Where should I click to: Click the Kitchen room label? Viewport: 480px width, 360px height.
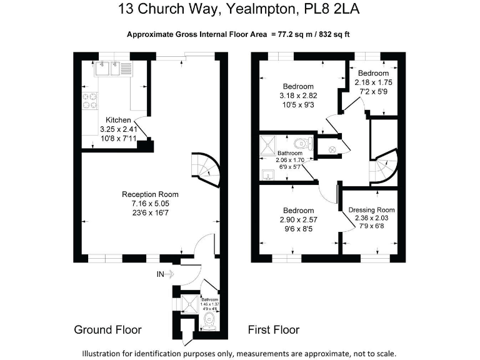pos(118,120)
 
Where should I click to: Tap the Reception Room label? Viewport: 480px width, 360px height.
pos(150,194)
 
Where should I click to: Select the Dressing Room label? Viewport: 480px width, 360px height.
pos(371,209)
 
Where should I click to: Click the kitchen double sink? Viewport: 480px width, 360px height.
pos(113,68)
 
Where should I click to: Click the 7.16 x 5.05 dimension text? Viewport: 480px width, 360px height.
pos(150,203)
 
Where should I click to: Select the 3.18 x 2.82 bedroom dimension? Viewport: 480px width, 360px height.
pos(298,96)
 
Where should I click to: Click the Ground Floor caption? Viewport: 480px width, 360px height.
pos(107,329)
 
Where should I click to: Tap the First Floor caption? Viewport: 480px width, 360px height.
pos(274,329)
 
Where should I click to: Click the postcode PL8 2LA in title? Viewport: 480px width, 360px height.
pos(330,9)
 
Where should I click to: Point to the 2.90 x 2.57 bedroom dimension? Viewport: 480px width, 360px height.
pos(298,219)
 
